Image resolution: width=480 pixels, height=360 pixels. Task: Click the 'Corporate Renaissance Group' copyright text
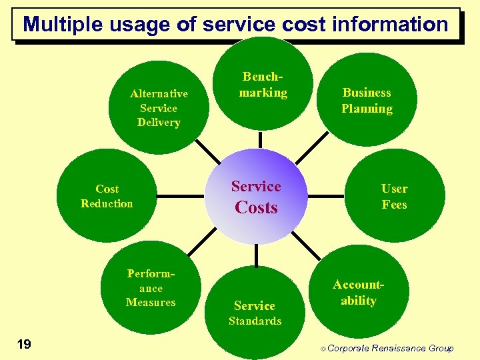coord(391,348)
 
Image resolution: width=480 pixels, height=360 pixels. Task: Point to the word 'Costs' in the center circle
coord(256,207)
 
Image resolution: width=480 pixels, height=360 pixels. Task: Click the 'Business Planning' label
coord(367,100)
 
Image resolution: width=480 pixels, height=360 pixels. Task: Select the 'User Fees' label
coord(394,197)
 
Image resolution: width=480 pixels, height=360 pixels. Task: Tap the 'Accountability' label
coord(359,293)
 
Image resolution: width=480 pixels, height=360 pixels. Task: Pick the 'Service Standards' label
coord(255,313)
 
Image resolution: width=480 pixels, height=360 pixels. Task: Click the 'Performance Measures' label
coord(151,288)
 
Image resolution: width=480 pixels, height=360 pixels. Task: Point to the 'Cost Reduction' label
coord(107,197)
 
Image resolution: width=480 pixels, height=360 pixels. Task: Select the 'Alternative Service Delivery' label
coord(159,108)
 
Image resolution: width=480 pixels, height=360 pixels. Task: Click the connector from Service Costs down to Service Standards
coord(256,257)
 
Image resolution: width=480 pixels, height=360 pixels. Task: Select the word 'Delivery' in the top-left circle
coord(159,123)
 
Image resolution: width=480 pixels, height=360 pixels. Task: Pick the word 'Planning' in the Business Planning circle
coord(367,109)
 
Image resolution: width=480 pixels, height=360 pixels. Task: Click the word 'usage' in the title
coord(138,25)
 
